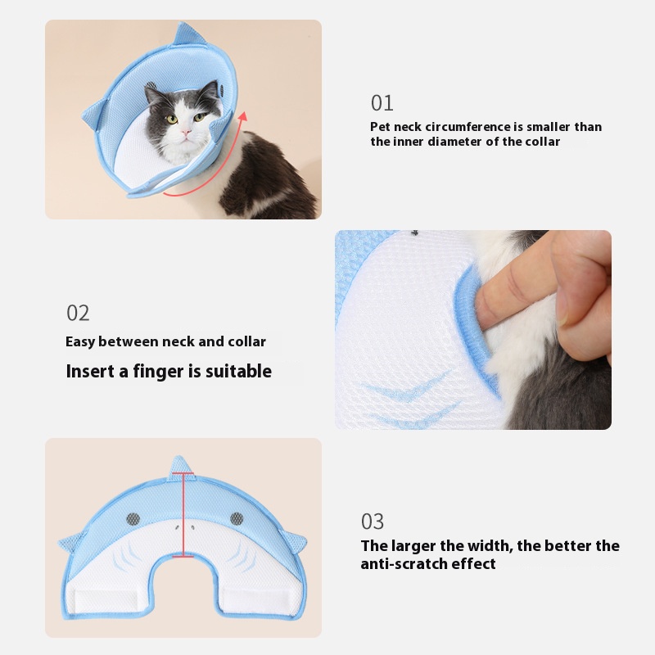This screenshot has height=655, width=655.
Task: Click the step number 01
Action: tap(382, 103)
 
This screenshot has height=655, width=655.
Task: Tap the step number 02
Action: tap(78, 313)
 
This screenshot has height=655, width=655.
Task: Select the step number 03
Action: tap(373, 522)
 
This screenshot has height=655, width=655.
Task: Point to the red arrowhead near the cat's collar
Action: tap(242, 116)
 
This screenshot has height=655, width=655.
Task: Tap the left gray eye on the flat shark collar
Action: tap(133, 519)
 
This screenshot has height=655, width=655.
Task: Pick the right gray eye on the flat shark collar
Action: tap(237, 518)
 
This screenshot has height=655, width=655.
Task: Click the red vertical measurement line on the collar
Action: tap(183, 515)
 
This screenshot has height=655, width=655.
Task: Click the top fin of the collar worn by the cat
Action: tap(189, 34)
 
